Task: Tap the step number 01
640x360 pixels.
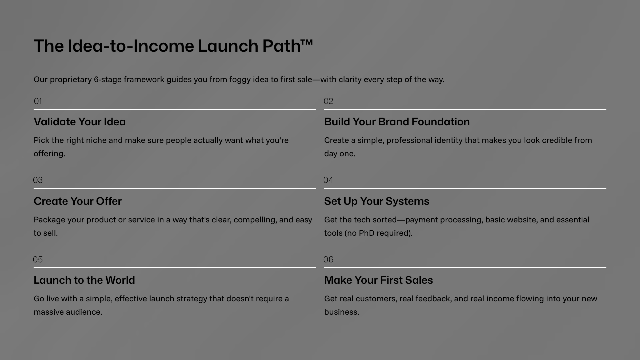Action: (38, 101)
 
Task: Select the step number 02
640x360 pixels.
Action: (328, 101)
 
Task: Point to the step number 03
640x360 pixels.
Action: (38, 180)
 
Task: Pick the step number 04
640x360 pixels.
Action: (328, 180)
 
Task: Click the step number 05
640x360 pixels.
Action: (38, 259)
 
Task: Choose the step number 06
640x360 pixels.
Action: (328, 259)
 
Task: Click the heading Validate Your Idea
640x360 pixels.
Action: (80, 122)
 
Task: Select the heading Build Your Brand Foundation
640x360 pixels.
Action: (397, 122)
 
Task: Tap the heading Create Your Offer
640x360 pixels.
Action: (78, 201)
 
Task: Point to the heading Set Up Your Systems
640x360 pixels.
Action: (377, 201)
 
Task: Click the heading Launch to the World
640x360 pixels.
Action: (84, 280)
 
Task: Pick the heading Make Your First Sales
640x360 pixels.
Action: (379, 280)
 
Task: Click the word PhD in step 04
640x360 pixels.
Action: (367, 233)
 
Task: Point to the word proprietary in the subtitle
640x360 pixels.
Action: (71, 80)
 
